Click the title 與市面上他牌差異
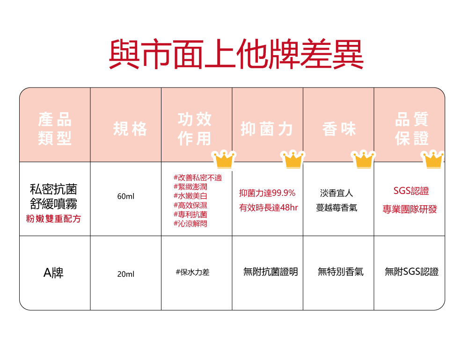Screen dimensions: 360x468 tap(236, 54)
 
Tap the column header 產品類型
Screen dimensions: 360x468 tap(55, 129)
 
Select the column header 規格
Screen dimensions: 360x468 tap(130, 129)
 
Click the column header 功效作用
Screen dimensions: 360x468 tap(194, 129)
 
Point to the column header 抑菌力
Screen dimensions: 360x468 tap(267, 129)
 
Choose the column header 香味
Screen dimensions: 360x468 tap(339, 129)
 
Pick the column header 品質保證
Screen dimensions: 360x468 tap(411, 129)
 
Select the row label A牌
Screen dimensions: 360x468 tap(53, 273)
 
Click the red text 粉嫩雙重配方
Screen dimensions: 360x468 tap(53, 218)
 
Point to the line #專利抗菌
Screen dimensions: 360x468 tap(190, 215)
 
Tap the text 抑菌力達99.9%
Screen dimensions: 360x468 tap(267, 193)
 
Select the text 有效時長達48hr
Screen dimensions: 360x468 tap(268, 208)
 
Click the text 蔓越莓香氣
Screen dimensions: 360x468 tap(336, 208)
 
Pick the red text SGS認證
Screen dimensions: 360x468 tap(411, 191)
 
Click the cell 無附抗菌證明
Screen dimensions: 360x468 tap(271, 272)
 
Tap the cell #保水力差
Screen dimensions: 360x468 tap(192, 272)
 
